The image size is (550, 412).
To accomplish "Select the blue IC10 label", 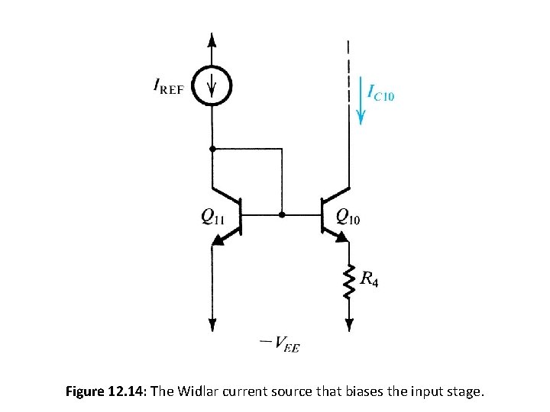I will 381,94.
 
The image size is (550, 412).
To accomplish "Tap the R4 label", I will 368,280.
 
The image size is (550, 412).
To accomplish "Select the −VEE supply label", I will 279,346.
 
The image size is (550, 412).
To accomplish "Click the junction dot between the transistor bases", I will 283,215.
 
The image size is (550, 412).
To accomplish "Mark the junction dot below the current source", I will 213,147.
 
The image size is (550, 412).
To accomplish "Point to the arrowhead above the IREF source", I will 213,40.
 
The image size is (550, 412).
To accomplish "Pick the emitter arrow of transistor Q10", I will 342,236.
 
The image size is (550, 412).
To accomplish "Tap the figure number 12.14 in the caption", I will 128,392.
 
